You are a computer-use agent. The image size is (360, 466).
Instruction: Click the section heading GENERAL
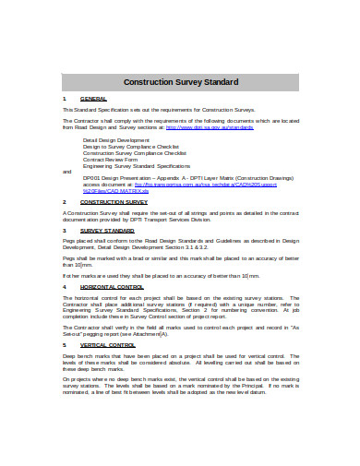(93, 98)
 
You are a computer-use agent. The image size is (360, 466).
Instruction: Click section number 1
(64, 98)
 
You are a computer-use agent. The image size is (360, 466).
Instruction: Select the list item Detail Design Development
(116, 139)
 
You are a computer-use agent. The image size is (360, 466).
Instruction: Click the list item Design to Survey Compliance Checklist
(132, 146)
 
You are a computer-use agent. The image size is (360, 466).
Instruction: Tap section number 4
(64, 286)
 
